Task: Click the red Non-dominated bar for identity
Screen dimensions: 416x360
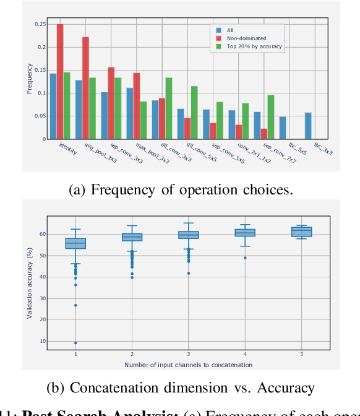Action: pos(60,82)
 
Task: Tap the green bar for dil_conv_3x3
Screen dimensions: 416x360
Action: pos(169,108)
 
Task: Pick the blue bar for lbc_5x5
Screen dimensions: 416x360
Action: pos(282,128)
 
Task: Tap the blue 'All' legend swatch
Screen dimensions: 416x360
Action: pos(218,29)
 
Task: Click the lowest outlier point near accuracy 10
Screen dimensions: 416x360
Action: pos(76,343)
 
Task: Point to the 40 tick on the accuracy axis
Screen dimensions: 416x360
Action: pos(43,277)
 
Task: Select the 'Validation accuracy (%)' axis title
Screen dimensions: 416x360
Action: pos(29,283)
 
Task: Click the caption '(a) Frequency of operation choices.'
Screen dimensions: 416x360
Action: pos(179,190)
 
